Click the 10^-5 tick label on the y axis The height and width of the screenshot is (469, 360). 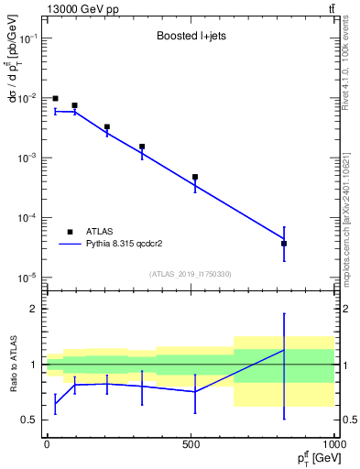pos(26,278)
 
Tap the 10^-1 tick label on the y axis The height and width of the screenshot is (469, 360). pos(26,38)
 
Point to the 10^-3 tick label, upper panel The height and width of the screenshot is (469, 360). pos(26,158)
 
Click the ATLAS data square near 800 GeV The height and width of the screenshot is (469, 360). pos(284,244)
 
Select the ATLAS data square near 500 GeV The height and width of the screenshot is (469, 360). pos(195,177)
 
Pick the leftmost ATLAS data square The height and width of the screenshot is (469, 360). pos(56,98)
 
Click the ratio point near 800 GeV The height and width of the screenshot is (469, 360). pos(284,350)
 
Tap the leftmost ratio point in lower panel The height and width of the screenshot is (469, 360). pos(56,403)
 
